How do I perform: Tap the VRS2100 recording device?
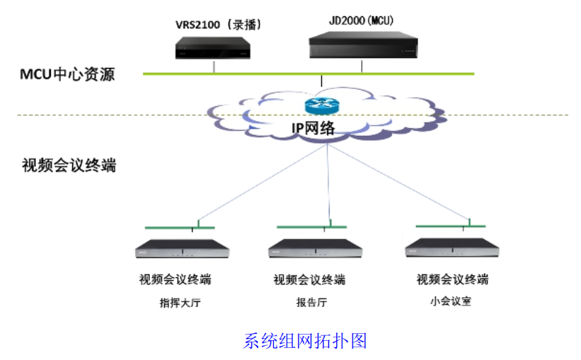[213, 48]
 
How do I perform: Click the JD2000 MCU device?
[362, 46]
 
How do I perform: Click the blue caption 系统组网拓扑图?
[305, 341]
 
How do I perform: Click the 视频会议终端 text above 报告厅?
[309, 279]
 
